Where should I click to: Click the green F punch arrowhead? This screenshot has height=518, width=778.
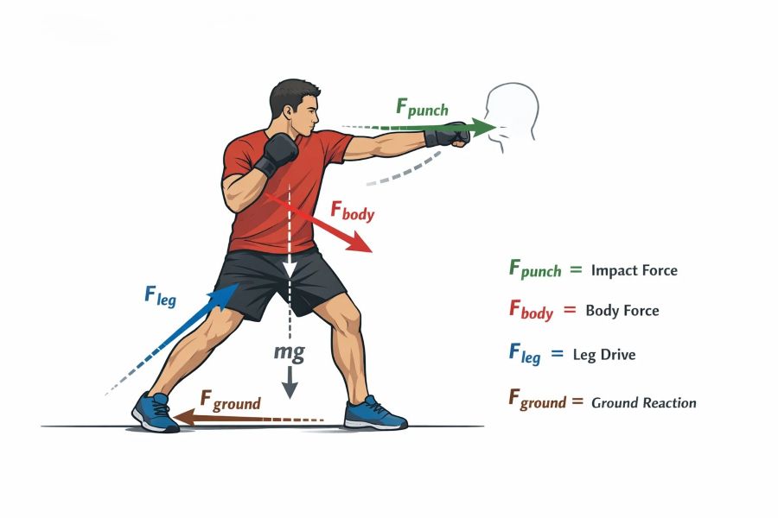(x=483, y=128)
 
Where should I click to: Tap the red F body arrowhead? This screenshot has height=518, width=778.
(x=360, y=243)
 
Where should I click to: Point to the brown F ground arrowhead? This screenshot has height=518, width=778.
(x=182, y=417)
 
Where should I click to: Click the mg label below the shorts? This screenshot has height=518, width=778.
(x=290, y=352)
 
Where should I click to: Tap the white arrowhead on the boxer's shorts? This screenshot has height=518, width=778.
(x=290, y=269)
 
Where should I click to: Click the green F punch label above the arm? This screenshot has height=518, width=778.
(x=422, y=108)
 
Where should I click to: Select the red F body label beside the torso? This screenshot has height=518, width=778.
(x=353, y=212)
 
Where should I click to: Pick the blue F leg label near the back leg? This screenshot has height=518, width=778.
(x=160, y=296)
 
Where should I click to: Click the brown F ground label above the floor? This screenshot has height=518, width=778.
(x=230, y=401)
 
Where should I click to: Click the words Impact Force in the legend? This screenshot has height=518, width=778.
(x=635, y=270)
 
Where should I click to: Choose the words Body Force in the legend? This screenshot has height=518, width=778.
(x=622, y=311)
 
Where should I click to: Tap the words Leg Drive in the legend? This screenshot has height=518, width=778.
(x=604, y=355)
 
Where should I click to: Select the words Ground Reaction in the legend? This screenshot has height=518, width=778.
(x=643, y=402)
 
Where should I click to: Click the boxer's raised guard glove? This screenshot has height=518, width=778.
(x=277, y=153)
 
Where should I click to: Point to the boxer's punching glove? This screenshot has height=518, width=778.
(x=447, y=134)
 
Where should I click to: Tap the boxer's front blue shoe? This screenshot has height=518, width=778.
(x=376, y=413)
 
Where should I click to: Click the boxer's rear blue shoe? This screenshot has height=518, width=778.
(x=156, y=412)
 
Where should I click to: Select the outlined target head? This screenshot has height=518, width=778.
(x=512, y=114)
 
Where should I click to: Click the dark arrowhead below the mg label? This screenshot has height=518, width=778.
(x=290, y=390)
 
